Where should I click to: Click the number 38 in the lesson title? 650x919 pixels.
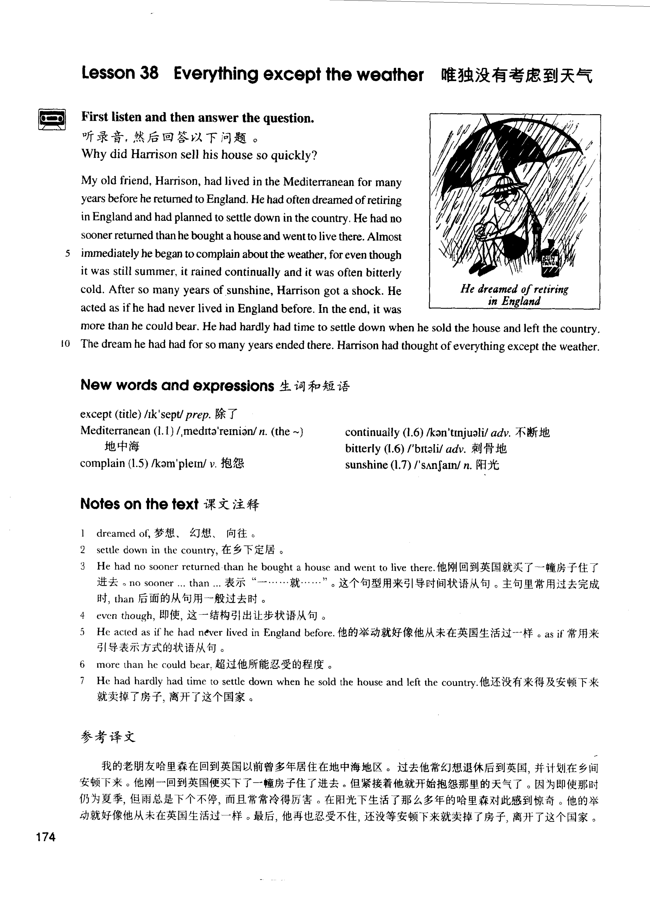(x=149, y=74)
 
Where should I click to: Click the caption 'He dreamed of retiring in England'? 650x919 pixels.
(x=514, y=295)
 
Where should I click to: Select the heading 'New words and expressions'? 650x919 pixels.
(x=177, y=385)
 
